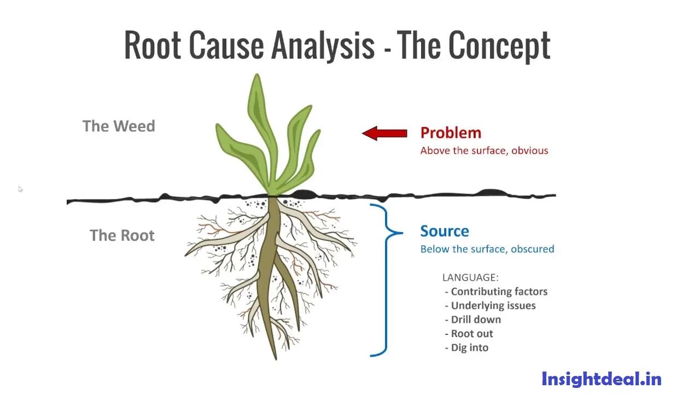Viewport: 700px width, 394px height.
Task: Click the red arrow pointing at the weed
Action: point(384,133)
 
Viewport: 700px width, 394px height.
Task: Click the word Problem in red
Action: point(451,132)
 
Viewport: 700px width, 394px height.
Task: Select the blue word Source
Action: point(444,231)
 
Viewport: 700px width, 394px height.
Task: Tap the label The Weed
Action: point(119,126)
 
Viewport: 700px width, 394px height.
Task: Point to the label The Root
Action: point(122,235)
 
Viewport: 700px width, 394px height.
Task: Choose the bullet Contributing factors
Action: point(499,292)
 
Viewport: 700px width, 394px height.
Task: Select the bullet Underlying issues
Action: point(493,305)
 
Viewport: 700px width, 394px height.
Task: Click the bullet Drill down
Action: point(475,320)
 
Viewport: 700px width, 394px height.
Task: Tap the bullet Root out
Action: point(471,333)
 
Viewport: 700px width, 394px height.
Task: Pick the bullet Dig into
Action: point(469,347)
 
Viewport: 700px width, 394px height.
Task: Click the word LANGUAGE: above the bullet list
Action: point(470,277)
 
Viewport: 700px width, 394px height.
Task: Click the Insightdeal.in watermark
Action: point(601,379)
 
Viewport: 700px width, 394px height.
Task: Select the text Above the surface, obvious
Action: point(484,150)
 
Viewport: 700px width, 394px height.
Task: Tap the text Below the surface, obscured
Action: point(487,249)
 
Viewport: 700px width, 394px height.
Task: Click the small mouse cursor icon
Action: point(21,189)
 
